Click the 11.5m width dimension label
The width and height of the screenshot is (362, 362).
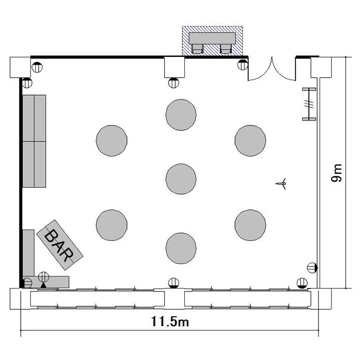170,321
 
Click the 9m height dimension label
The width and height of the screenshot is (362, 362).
336,173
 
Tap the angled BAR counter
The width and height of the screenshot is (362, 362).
60,245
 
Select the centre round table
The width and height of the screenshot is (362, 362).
181,179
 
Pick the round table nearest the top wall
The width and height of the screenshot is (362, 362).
181,115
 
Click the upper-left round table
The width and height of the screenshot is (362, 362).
112,140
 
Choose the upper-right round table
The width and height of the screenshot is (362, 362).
250,140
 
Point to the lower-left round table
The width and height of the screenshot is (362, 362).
112,225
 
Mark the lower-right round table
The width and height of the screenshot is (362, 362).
250,225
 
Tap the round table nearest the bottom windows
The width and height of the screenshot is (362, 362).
181,248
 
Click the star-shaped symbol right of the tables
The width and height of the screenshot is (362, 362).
281,184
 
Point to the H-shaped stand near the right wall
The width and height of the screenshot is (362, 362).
309,104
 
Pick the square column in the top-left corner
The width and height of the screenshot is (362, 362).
20,68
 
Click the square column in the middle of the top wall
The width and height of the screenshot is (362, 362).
175,68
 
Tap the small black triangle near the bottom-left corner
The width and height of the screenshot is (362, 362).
43,285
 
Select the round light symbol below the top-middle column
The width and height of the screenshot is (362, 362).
174,83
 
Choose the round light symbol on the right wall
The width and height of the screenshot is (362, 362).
312,268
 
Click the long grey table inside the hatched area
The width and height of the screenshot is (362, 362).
212,38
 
